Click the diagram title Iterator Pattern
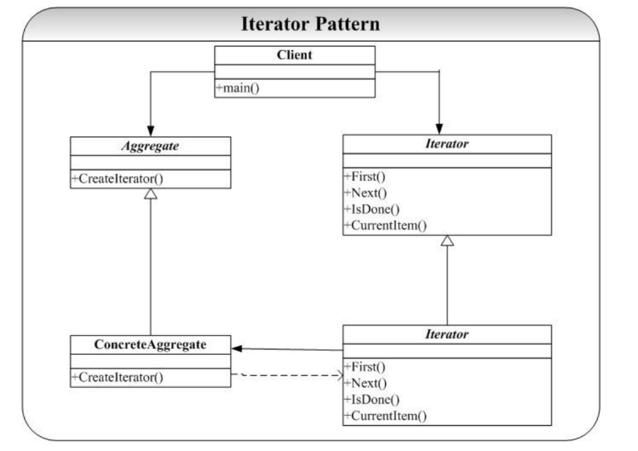tap(310, 24)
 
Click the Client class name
tap(295, 55)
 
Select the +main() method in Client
tap(238, 88)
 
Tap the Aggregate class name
tap(150, 146)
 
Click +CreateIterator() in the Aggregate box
tap(117, 179)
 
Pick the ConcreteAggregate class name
tap(150, 345)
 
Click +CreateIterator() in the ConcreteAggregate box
tap(117, 377)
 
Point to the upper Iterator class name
tap(447, 143)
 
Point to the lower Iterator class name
tap(447, 334)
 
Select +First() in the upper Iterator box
tap(365, 176)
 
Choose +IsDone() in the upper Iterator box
tap(372, 209)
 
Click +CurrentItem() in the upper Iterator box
tap(386, 225)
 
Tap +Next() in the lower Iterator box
tap(365, 383)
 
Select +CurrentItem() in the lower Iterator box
tap(386, 416)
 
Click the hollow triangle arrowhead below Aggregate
tap(151, 194)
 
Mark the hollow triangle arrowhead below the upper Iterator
tap(447, 241)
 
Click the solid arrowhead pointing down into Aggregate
tap(151, 131)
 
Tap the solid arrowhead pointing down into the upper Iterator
tap(439, 129)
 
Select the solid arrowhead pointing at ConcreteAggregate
tap(237, 349)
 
